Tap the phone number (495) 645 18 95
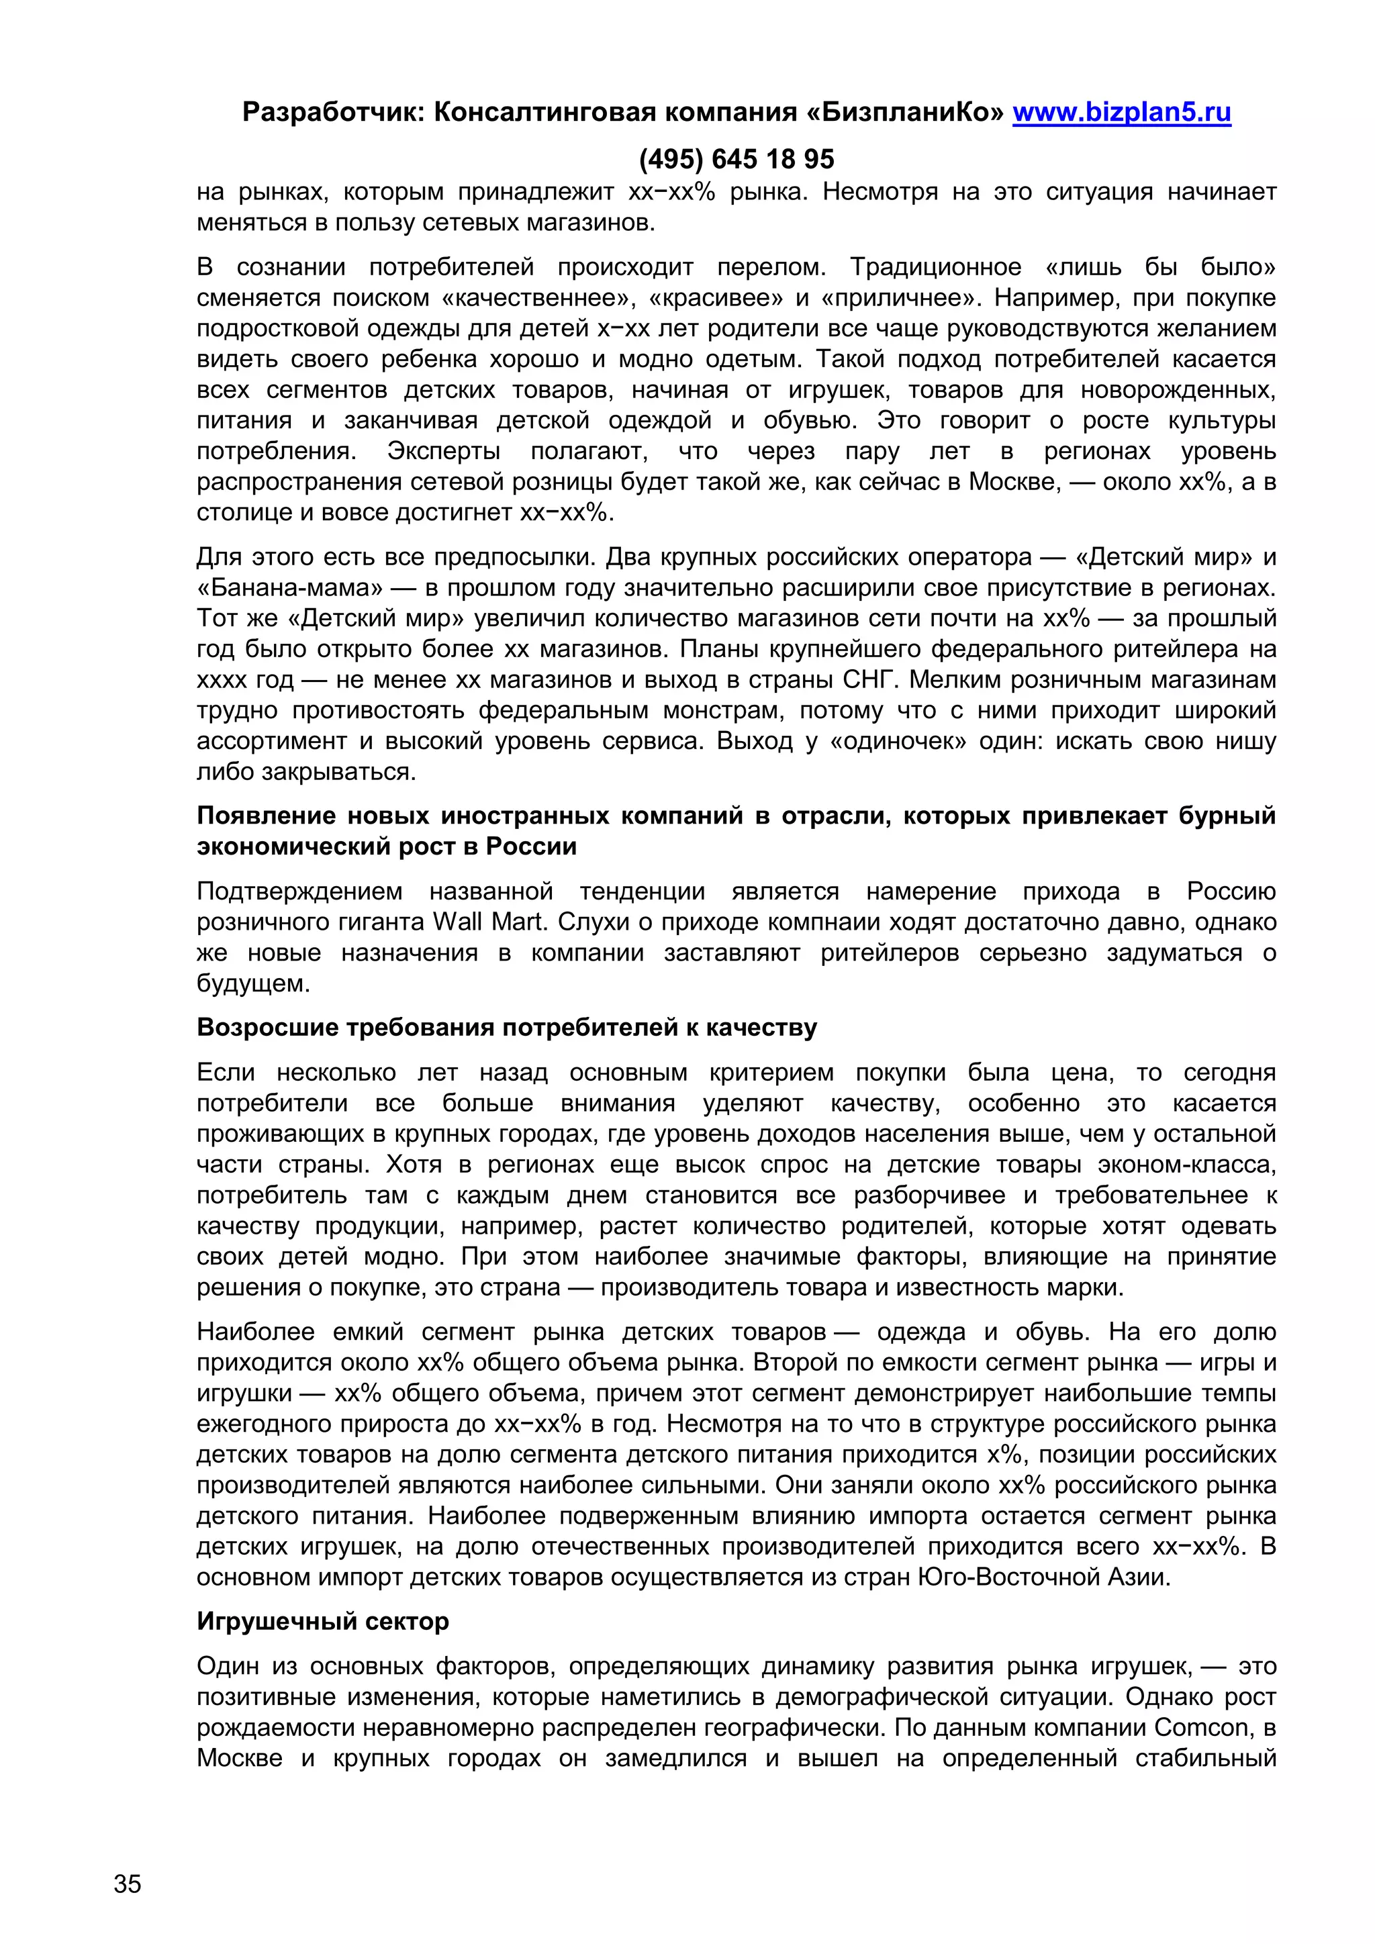tap(736, 158)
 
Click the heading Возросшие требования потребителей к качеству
tap(506, 1027)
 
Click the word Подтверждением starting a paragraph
tap(299, 891)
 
